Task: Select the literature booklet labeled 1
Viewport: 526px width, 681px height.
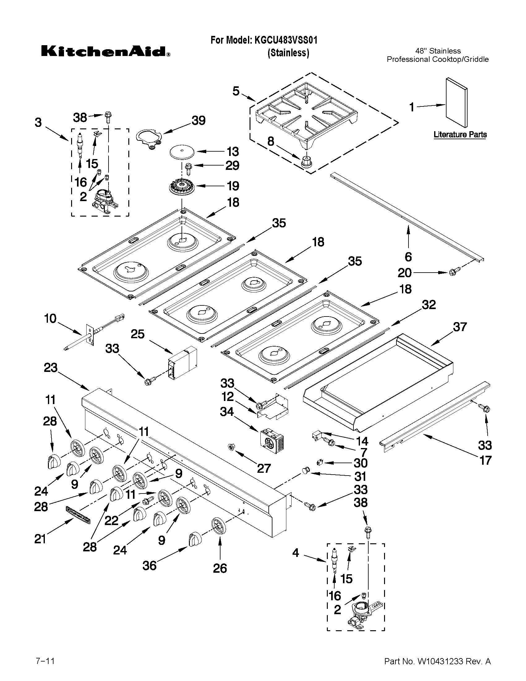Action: click(456, 103)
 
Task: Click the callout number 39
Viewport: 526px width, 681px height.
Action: click(199, 121)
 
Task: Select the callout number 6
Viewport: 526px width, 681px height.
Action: click(408, 257)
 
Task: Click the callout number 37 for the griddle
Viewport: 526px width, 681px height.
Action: click(460, 327)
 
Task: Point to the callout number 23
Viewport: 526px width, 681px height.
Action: click(50, 368)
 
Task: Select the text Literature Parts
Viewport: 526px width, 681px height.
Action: click(460, 135)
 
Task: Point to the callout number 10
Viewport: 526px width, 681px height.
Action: click(50, 319)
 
